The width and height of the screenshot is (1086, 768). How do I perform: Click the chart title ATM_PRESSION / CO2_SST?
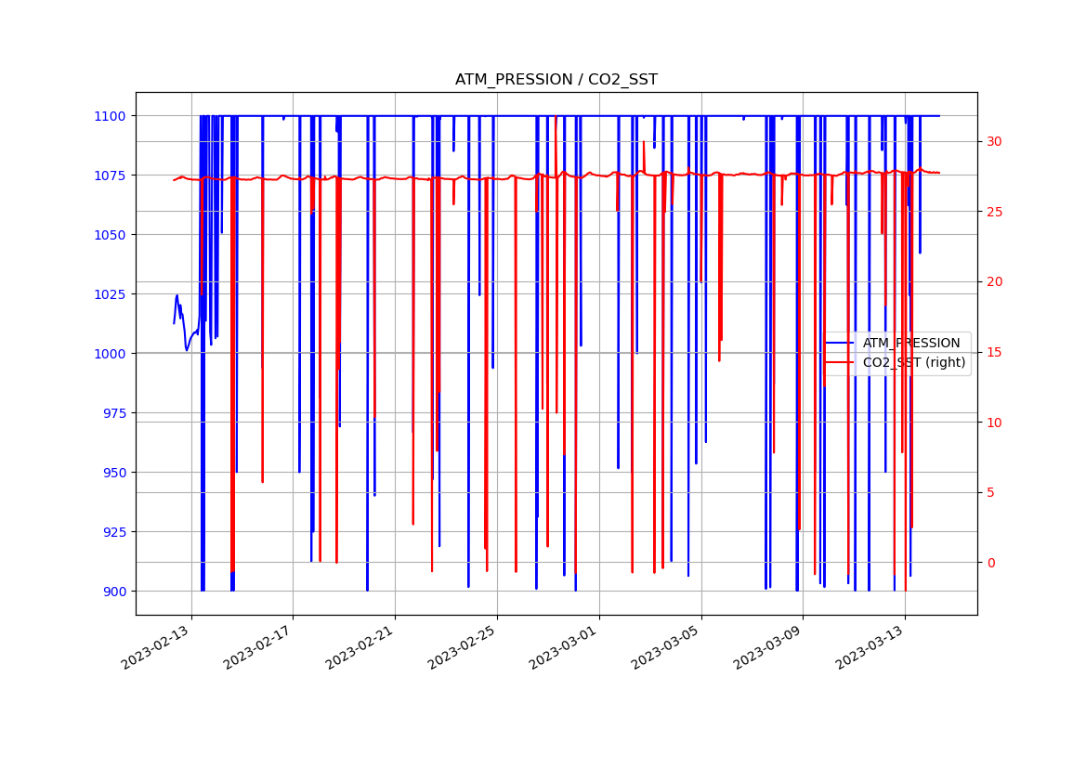556,80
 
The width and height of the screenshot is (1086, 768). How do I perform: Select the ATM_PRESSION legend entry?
910,344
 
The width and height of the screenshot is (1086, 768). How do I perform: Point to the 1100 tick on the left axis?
109,116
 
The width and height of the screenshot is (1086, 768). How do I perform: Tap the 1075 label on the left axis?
109,176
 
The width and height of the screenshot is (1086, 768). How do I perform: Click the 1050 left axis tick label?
109,235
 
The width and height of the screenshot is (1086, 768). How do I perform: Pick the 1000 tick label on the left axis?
109,354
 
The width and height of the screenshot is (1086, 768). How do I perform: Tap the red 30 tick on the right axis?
995,142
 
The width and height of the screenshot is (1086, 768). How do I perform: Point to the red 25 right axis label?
995,212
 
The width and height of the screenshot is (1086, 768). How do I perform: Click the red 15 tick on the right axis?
995,352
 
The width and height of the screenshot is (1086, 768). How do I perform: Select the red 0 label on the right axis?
991,563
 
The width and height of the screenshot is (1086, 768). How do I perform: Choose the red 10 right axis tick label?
995,423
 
